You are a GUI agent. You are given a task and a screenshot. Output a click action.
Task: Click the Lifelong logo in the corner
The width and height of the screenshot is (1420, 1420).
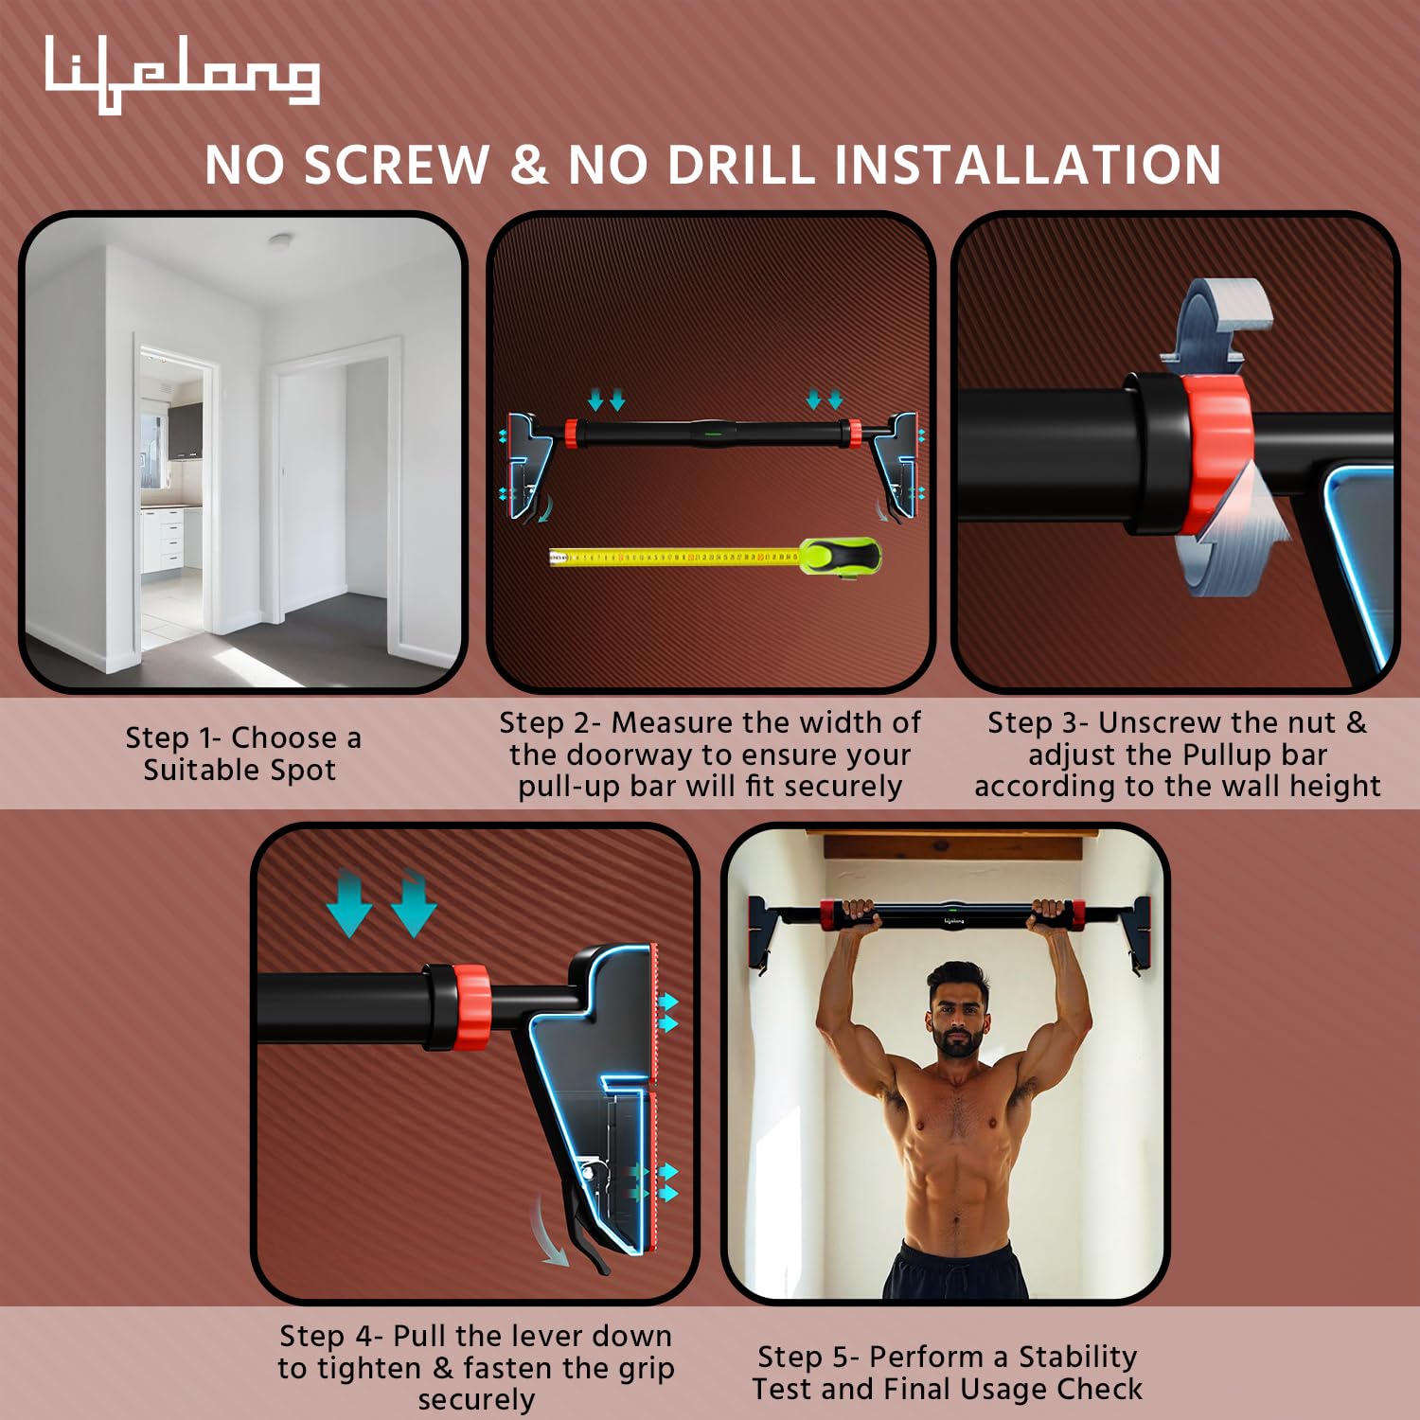[182, 74]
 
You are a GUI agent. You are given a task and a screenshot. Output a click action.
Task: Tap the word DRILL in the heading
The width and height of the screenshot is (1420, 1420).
[741, 165]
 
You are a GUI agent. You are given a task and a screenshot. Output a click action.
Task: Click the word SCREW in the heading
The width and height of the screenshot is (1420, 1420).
[398, 165]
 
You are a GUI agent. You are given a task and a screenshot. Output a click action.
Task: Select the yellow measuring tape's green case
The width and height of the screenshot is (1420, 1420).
[841, 557]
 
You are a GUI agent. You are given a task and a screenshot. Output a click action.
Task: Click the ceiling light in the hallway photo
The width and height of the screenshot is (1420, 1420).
[280, 241]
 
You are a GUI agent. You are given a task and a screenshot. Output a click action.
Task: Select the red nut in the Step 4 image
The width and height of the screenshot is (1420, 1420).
[470, 1007]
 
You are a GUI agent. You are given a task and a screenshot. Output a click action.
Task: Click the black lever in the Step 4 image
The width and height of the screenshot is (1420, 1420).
[585, 1228]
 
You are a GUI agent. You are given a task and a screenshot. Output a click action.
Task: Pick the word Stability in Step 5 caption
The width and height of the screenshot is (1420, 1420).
[1077, 1357]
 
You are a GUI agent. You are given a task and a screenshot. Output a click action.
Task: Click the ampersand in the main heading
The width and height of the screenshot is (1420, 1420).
[529, 165]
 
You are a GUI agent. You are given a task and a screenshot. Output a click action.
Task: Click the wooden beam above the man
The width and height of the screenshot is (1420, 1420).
[953, 847]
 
